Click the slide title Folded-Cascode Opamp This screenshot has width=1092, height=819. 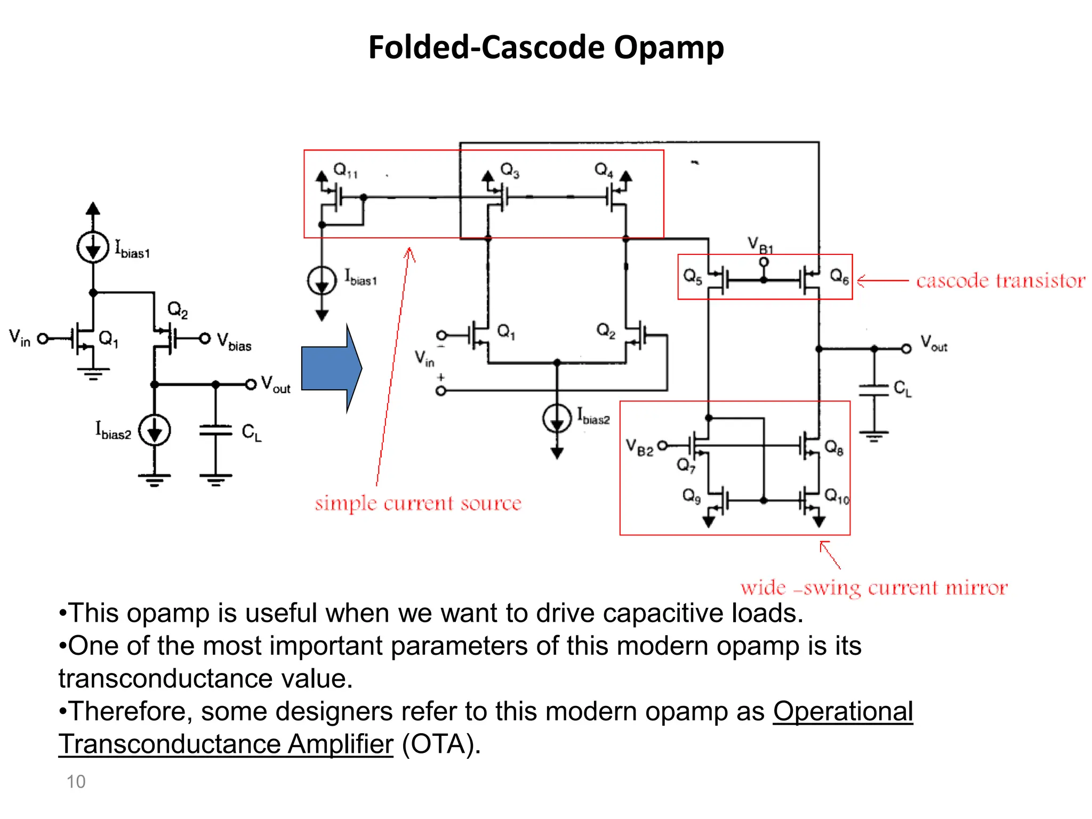click(x=545, y=47)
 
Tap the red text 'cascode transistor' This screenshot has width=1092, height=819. click(x=1000, y=280)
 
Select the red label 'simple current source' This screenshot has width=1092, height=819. click(x=417, y=503)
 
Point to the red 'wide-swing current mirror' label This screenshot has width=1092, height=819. click(x=873, y=588)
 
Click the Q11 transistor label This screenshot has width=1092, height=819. click(x=345, y=170)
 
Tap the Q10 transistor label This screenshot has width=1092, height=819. click(x=836, y=496)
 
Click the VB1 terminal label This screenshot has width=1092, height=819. click(x=759, y=245)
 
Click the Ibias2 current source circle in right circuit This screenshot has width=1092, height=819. click(x=557, y=418)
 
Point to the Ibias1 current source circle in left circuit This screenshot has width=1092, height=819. click(x=93, y=247)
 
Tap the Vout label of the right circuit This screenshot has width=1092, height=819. click(x=933, y=343)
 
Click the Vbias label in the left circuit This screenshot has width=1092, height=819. click(x=234, y=341)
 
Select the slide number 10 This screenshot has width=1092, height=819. click(x=76, y=782)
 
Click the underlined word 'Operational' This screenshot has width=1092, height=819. click(x=842, y=711)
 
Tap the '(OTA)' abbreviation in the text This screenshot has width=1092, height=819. click(x=440, y=744)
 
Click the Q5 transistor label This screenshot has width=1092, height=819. click(x=692, y=276)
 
